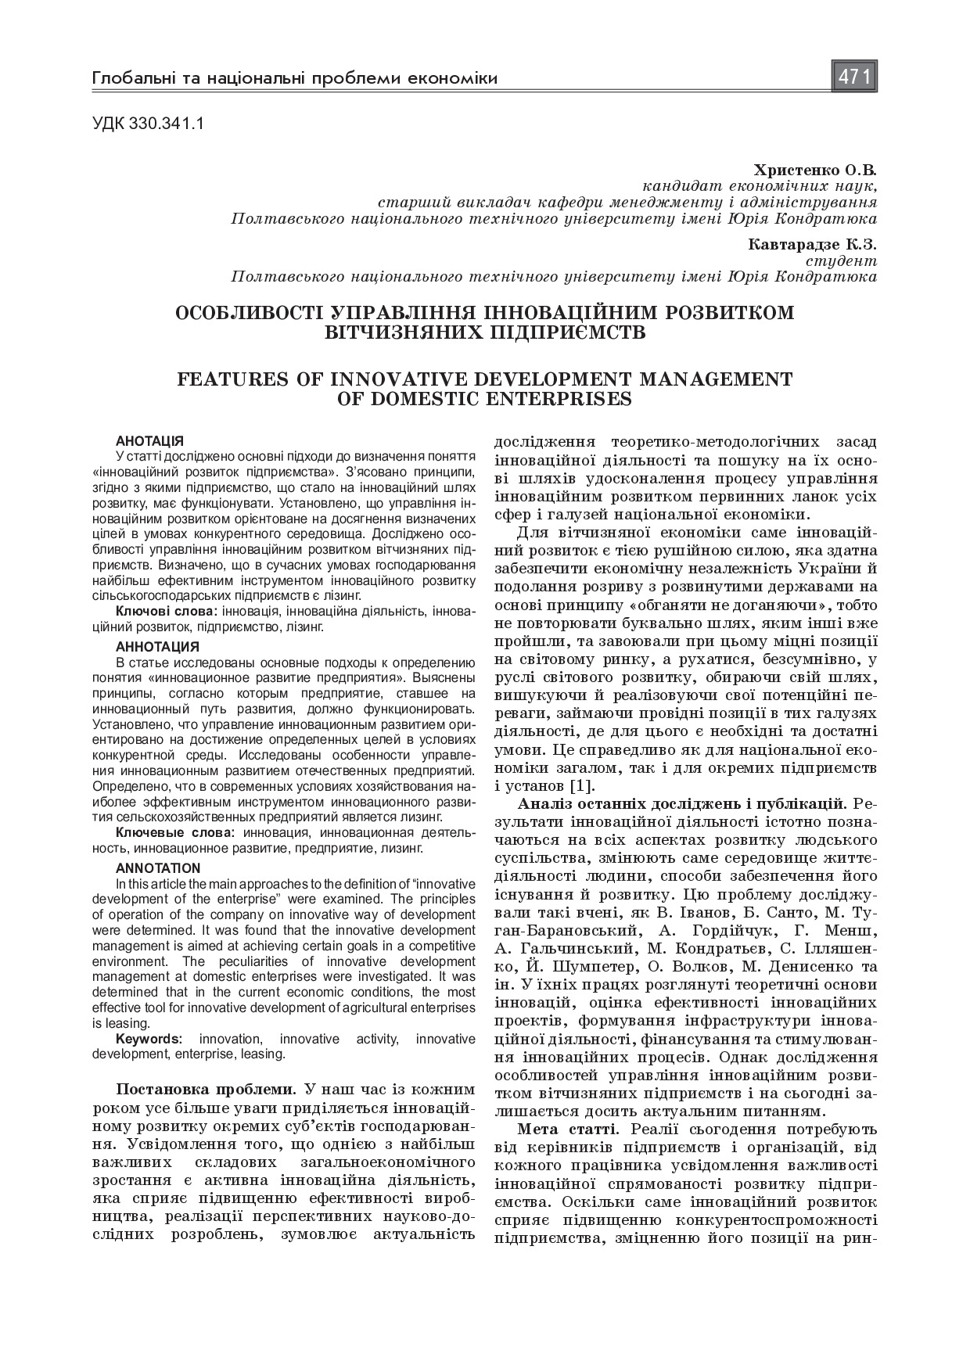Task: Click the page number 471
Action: coord(854,77)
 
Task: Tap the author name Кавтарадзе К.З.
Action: coord(812,245)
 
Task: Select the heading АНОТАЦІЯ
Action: coord(149,441)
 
